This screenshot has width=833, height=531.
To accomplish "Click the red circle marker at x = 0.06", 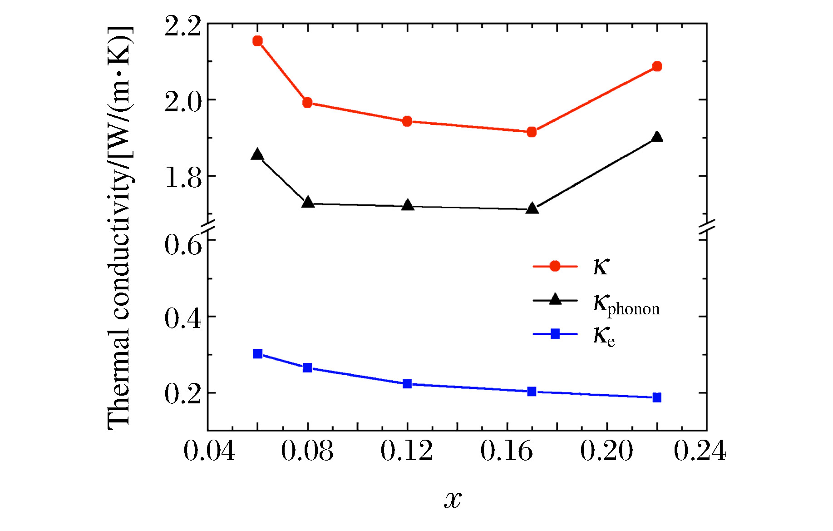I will (x=257, y=41).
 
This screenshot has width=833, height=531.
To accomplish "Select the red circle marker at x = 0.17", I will (x=532, y=132).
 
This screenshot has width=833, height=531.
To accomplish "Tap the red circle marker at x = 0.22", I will (x=656, y=66).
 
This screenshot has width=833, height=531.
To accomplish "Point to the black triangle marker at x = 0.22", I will (x=656, y=137).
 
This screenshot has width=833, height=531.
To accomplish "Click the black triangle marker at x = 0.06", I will (x=257, y=154).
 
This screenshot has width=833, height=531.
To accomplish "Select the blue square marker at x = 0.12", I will (x=407, y=384).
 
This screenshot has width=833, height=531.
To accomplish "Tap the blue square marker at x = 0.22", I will (x=656, y=397).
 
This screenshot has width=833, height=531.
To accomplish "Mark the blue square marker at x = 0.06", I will (x=257, y=354).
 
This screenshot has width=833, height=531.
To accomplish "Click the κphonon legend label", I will (x=626, y=304).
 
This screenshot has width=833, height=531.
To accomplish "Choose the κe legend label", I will (x=604, y=336).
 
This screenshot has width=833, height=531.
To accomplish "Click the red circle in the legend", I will (x=555, y=266).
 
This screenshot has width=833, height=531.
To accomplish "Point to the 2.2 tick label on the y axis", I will (x=182, y=26).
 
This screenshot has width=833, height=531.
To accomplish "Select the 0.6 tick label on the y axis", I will (x=182, y=245).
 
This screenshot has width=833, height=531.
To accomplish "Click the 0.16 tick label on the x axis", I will (x=506, y=452).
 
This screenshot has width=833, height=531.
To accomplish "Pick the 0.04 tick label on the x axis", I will (x=209, y=452).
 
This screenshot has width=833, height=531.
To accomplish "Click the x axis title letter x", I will (x=453, y=500).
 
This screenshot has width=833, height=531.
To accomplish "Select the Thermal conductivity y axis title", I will (x=119, y=227).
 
